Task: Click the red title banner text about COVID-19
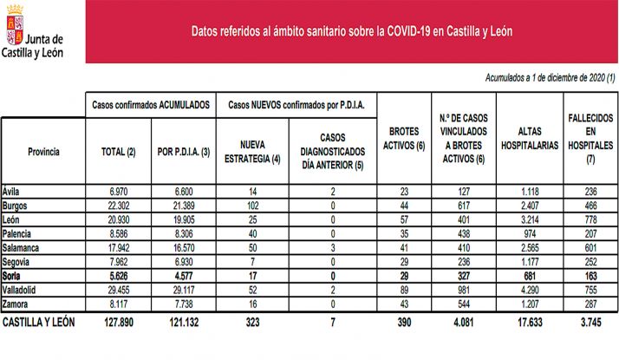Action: click(x=352, y=30)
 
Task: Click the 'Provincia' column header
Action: click(x=42, y=151)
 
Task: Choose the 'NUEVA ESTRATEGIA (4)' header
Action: click(x=253, y=151)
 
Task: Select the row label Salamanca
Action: click(x=23, y=247)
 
